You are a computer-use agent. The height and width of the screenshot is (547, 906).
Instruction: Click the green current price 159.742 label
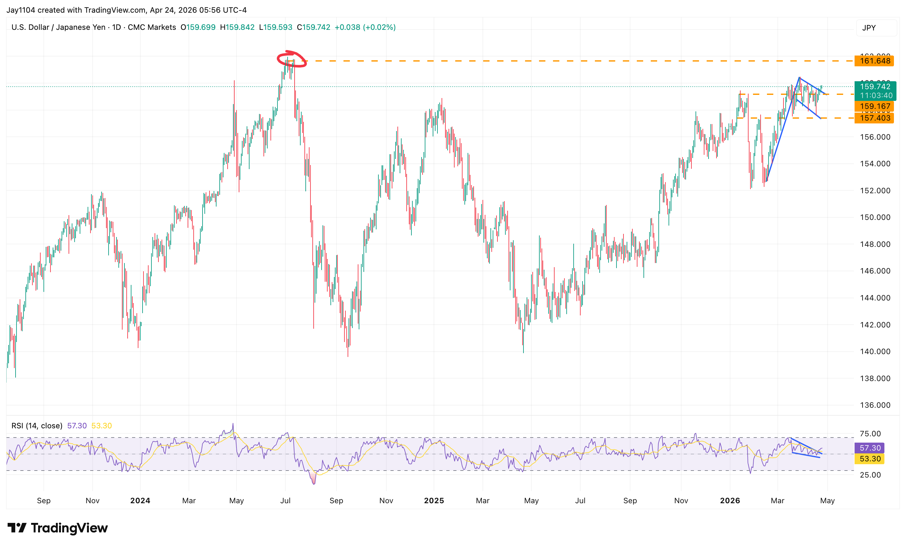point(875,87)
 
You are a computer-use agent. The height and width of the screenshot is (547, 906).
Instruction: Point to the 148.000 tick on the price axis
point(875,244)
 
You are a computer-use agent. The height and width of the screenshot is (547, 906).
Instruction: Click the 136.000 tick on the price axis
point(875,405)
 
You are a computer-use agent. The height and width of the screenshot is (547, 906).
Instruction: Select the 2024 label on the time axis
point(140,500)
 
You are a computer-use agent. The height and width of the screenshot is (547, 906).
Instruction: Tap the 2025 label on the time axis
point(434,500)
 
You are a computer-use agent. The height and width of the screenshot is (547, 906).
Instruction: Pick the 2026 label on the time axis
point(730,500)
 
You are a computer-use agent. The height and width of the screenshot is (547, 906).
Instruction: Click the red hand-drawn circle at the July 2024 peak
point(292,60)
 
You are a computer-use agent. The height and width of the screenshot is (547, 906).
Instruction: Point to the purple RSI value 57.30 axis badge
point(869,448)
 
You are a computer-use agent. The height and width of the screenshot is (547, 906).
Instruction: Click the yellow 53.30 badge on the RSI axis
point(869,459)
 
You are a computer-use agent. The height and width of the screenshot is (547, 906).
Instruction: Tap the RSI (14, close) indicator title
point(37,426)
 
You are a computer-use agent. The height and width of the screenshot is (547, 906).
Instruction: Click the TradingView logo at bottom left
point(58,528)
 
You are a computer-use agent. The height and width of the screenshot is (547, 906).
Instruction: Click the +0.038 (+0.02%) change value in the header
point(365,27)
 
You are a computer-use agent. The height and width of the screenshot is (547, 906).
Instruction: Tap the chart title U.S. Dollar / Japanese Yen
point(58,27)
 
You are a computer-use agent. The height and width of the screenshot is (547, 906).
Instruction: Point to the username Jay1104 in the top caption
point(21,10)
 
